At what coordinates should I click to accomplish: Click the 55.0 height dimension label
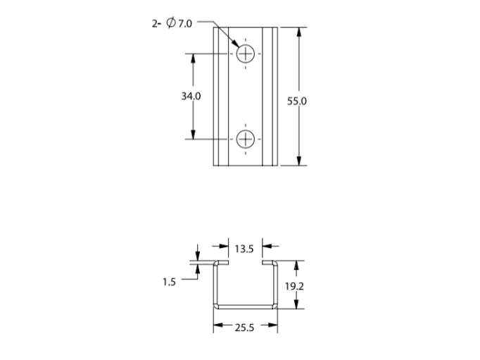coord(296,101)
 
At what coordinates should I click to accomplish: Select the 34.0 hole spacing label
coord(191,97)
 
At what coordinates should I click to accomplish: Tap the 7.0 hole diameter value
coord(185,23)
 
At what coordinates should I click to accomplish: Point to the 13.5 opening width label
coord(244,249)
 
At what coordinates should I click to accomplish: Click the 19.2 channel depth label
coord(294,287)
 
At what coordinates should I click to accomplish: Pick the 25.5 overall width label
coord(245,328)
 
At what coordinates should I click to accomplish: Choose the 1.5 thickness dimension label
coord(170,282)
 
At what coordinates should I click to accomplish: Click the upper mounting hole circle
coord(246,54)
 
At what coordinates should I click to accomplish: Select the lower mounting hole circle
coord(246,139)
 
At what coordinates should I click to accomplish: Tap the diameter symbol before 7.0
coord(171,23)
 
